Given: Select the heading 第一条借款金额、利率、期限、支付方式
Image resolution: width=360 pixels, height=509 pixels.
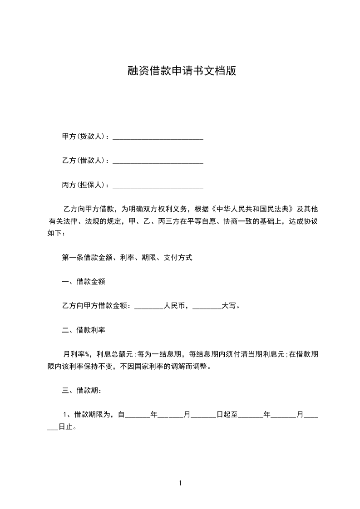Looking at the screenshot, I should click(127, 257).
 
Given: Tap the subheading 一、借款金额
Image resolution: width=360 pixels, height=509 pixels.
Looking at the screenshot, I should click(84, 282).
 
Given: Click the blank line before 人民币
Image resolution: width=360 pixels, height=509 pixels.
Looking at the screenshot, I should click(149, 307).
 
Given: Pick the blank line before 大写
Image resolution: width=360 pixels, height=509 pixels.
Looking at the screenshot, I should click(207, 307).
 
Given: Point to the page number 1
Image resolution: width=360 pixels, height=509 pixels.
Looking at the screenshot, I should click(180, 483).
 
